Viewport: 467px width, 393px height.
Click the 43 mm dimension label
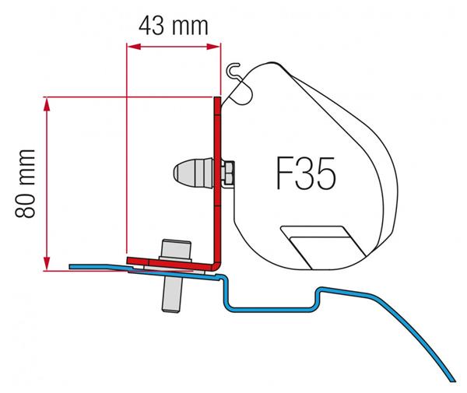pos(173,26)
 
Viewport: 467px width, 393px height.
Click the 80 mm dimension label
pos(26,184)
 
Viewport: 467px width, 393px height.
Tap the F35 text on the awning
pos(306,174)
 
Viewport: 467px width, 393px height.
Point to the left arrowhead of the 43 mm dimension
pos(134,47)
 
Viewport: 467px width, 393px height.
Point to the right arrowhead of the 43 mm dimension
pos(213,47)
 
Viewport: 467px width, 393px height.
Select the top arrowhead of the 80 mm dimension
pos(46,104)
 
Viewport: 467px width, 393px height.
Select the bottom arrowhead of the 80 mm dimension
pos(46,264)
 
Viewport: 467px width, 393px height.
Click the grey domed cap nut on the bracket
pos(193,173)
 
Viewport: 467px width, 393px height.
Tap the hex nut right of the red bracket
pos(227,173)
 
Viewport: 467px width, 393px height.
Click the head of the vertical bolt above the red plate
pos(176,249)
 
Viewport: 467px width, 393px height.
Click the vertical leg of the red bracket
pos(217,179)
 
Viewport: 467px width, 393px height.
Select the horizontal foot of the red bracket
pos(170,264)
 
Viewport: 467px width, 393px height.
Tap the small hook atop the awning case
pos(233,70)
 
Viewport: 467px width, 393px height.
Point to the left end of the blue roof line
pos(71,266)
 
